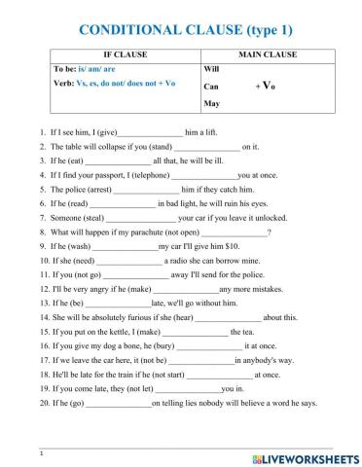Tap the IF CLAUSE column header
[114, 54]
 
